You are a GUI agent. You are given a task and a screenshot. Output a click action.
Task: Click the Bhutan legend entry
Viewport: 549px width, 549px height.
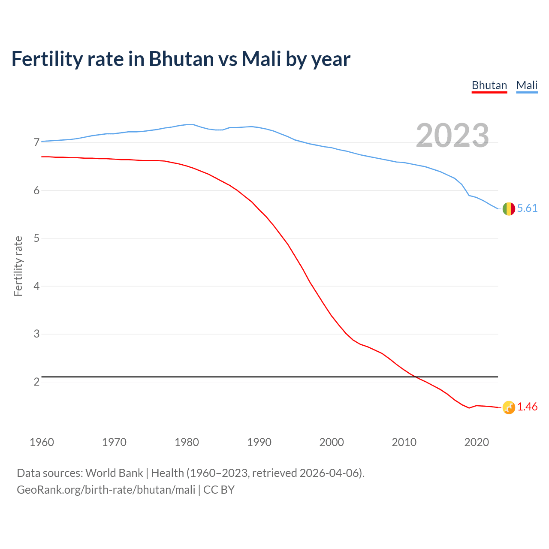point(489,85)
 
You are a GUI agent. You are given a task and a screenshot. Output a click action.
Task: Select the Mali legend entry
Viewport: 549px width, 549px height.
point(527,85)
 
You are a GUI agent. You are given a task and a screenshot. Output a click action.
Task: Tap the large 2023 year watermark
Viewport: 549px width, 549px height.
point(452,136)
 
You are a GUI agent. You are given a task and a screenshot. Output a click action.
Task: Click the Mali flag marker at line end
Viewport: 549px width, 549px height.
point(508,209)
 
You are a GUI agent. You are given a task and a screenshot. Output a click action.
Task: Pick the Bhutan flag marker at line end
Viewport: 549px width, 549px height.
point(508,407)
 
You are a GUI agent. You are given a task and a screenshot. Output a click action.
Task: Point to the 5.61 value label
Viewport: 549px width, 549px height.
point(527,208)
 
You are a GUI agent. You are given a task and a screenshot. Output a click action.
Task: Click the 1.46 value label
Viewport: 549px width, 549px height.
point(527,407)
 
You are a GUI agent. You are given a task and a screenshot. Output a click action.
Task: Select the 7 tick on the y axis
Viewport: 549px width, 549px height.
point(36,142)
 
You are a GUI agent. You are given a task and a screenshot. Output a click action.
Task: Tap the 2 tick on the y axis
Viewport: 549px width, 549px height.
point(36,382)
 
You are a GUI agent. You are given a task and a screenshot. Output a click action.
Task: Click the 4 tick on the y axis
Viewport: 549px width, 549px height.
point(36,286)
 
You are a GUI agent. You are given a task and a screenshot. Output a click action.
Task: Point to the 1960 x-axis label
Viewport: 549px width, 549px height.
point(42,442)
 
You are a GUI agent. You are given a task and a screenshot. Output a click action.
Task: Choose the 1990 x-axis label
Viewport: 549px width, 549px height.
point(259,442)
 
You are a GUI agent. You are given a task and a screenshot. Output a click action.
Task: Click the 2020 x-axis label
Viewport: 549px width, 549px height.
point(477,442)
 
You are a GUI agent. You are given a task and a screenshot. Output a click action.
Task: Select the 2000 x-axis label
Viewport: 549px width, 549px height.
point(332,442)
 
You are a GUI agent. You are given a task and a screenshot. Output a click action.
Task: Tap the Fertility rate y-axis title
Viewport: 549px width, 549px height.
point(18,266)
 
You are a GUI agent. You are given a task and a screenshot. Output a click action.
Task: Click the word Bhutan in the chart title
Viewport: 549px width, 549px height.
point(181,59)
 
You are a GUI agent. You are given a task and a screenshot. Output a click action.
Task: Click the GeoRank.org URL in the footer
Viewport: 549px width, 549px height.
point(106,490)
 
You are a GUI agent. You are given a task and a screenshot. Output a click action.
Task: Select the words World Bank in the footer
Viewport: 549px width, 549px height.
point(114,473)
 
